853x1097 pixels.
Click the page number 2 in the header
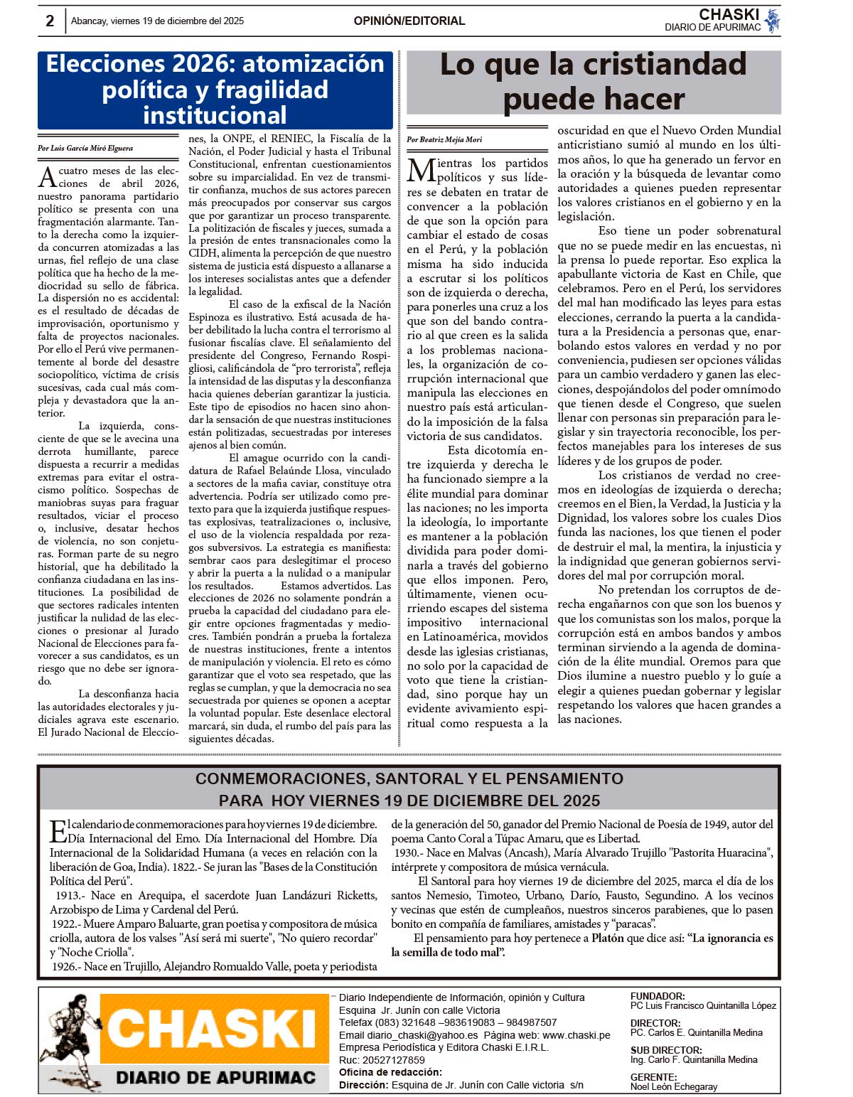[50, 21]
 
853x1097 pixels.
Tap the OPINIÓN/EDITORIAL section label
[409, 21]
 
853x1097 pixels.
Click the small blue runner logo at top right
[772, 21]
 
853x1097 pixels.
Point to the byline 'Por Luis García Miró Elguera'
[85, 149]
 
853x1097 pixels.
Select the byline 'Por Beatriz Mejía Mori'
[444, 139]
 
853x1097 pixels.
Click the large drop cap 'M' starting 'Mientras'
[421, 171]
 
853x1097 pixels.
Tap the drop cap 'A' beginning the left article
[47, 176]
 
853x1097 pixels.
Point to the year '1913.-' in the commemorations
[68, 895]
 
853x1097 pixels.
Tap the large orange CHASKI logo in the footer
[212, 1029]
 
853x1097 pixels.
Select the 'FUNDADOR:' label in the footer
[658, 996]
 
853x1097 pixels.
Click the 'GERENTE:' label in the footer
[653, 1077]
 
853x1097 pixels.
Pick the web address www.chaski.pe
[576, 1035]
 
